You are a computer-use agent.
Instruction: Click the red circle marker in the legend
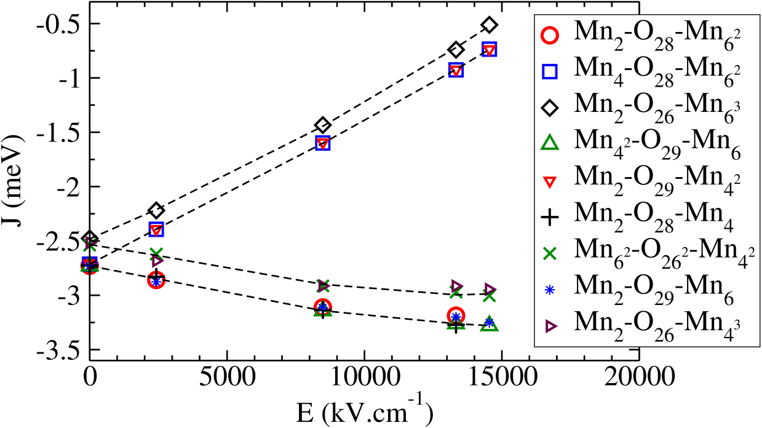click(x=550, y=36)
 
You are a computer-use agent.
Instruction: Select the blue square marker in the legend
click(x=550, y=72)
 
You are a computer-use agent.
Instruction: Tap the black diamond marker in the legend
click(x=550, y=108)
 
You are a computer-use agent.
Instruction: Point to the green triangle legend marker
click(x=550, y=144)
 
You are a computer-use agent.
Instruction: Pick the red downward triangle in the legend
click(x=550, y=181)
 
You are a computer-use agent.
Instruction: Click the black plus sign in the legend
click(x=550, y=217)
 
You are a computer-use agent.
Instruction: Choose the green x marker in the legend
click(x=550, y=253)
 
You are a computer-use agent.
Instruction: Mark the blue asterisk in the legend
click(x=550, y=290)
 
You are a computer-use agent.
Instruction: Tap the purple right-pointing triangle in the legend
click(x=550, y=326)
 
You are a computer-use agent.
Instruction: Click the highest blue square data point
click(x=490, y=50)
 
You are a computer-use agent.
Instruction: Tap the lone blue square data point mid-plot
click(x=322, y=143)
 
